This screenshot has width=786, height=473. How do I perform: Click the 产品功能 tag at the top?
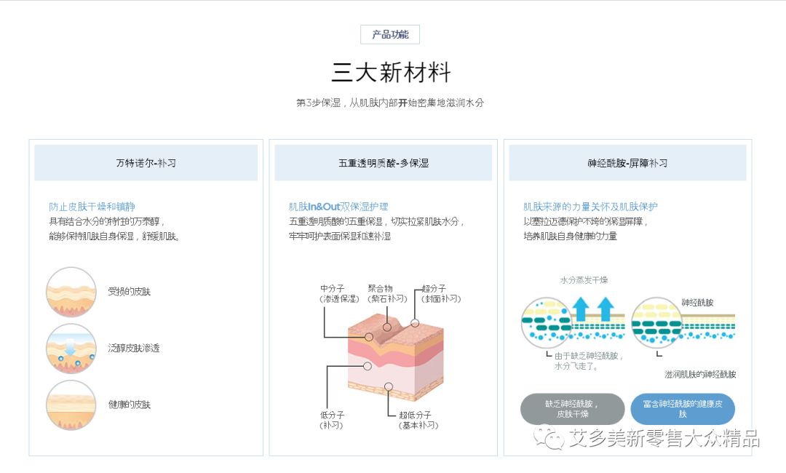click(390, 34)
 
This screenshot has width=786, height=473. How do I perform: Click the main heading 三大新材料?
click(392, 73)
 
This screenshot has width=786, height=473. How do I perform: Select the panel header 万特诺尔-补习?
click(146, 163)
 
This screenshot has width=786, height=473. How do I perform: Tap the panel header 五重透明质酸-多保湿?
click(383, 163)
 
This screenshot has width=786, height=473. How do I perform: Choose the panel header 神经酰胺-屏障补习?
click(627, 163)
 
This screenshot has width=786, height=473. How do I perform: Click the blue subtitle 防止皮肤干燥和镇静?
click(92, 207)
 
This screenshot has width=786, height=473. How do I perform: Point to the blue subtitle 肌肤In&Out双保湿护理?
click(338, 207)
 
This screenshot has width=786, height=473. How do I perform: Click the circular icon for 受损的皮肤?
click(71, 292)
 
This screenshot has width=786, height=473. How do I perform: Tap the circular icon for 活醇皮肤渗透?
click(71, 349)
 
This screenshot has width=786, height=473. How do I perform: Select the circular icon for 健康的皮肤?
click(71, 405)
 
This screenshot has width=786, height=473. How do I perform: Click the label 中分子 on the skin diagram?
click(333, 288)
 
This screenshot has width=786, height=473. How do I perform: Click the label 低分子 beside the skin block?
click(332, 415)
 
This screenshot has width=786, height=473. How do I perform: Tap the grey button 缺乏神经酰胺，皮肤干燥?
click(572, 409)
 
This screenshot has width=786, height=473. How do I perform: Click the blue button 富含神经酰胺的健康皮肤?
click(682, 409)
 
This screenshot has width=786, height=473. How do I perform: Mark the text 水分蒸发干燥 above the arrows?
click(584, 280)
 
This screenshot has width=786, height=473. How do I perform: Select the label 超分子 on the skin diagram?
click(434, 288)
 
